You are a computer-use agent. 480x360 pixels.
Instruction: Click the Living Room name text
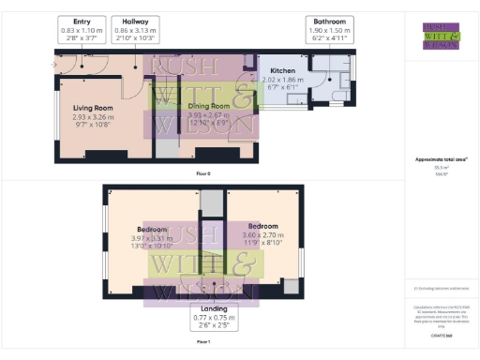(93, 108)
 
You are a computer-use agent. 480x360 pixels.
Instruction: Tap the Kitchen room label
(283, 71)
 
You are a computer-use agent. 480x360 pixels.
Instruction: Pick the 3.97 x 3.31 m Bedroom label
(154, 229)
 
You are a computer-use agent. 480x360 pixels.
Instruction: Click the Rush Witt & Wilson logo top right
(441, 35)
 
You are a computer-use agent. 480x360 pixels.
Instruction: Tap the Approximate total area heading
(441, 159)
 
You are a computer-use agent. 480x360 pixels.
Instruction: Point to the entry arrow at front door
(53, 63)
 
